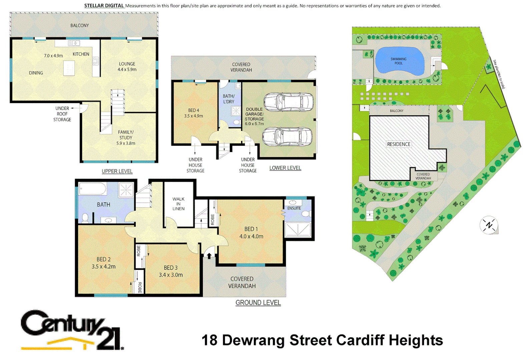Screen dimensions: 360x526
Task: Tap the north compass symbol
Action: click(x=489, y=225)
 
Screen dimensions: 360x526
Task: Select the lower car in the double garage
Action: click(x=287, y=137)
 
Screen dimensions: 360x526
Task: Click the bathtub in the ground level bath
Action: click(x=92, y=189)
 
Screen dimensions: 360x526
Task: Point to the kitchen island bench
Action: click(x=69, y=68)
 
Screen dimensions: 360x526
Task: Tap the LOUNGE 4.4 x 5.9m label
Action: click(x=127, y=67)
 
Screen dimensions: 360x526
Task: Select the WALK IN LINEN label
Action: click(x=178, y=204)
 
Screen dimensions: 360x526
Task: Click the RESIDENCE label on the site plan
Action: click(x=399, y=144)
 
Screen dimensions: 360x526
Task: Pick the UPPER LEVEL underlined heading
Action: click(x=117, y=171)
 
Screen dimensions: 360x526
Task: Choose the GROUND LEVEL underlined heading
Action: click(x=258, y=302)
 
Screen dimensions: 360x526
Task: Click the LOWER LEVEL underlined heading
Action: click(x=285, y=168)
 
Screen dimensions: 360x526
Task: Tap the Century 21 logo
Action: click(x=72, y=330)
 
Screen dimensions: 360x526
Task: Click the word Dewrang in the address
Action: click(x=253, y=340)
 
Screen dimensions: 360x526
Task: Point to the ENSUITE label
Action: click(x=294, y=208)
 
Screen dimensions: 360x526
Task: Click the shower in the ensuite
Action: click(x=298, y=230)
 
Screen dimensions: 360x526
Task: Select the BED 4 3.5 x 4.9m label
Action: click(x=193, y=113)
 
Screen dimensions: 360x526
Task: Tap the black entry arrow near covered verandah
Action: click(x=209, y=256)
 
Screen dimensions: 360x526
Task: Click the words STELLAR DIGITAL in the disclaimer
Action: click(x=104, y=6)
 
